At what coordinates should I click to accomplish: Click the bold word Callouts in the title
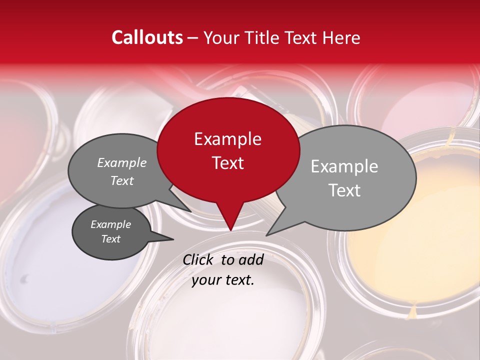point(147,37)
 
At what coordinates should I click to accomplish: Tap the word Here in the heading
point(341,37)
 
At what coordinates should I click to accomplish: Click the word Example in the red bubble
point(228,139)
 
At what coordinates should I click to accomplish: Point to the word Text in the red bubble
point(228,163)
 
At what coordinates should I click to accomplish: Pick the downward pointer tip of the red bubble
point(230,230)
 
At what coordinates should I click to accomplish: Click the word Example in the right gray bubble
point(344,166)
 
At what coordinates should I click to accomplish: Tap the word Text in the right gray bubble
point(344,190)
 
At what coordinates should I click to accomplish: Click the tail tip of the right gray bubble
point(266,235)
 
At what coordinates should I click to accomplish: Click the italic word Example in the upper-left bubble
point(122,163)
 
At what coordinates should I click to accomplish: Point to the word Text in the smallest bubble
point(111,239)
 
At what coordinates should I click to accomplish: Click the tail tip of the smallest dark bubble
point(173,239)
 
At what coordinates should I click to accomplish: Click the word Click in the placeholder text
point(199,260)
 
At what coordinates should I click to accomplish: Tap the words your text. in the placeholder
point(223,280)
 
